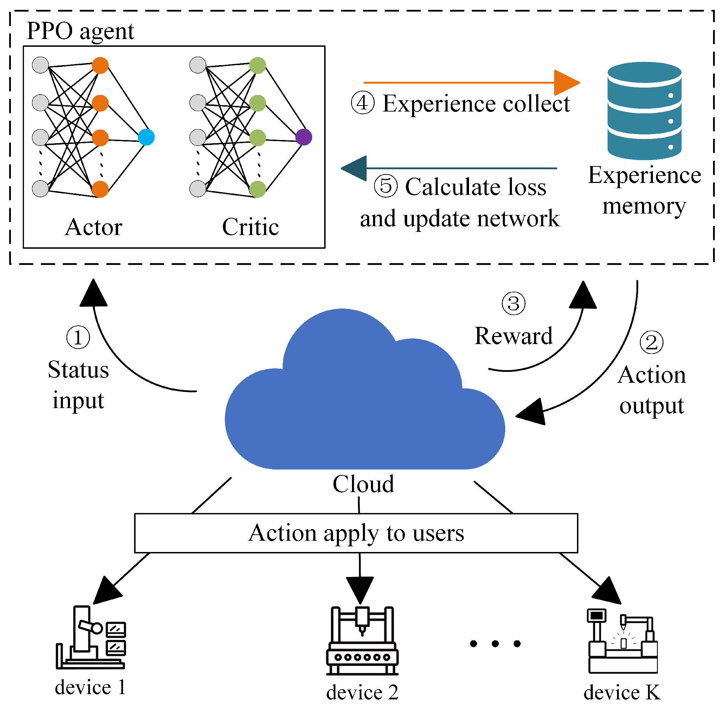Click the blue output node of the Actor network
(146, 137)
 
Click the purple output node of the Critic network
(304, 137)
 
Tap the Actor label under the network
(94, 227)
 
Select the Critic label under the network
(250, 227)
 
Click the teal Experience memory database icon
(644, 110)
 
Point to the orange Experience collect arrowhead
(566, 83)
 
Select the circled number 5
(385, 186)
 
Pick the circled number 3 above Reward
(513, 304)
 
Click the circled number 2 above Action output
(652, 342)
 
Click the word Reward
(513, 336)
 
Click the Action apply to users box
(356, 533)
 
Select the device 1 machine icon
(91, 639)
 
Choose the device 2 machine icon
(362, 642)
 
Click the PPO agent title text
(80, 31)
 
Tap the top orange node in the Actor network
(100, 65)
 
